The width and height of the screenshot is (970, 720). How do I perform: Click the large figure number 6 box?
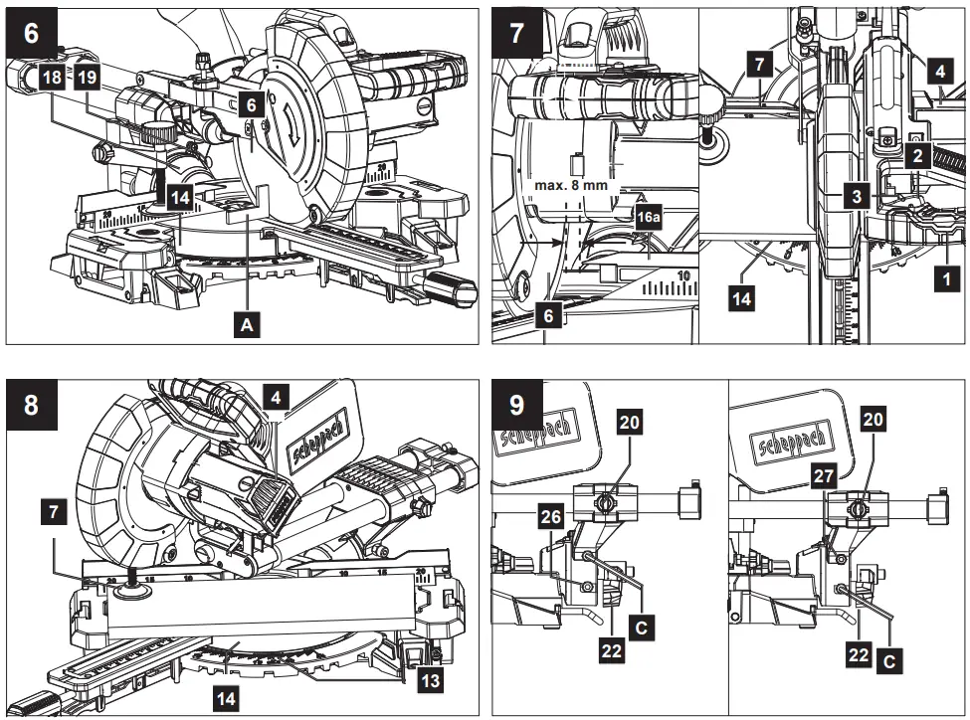click(x=32, y=33)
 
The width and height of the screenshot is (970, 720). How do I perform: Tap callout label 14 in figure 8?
click(x=228, y=698)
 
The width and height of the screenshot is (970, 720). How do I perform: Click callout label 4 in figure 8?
click(x=277, y=397)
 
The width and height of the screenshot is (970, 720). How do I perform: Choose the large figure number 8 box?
click(x=32, y=407)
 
